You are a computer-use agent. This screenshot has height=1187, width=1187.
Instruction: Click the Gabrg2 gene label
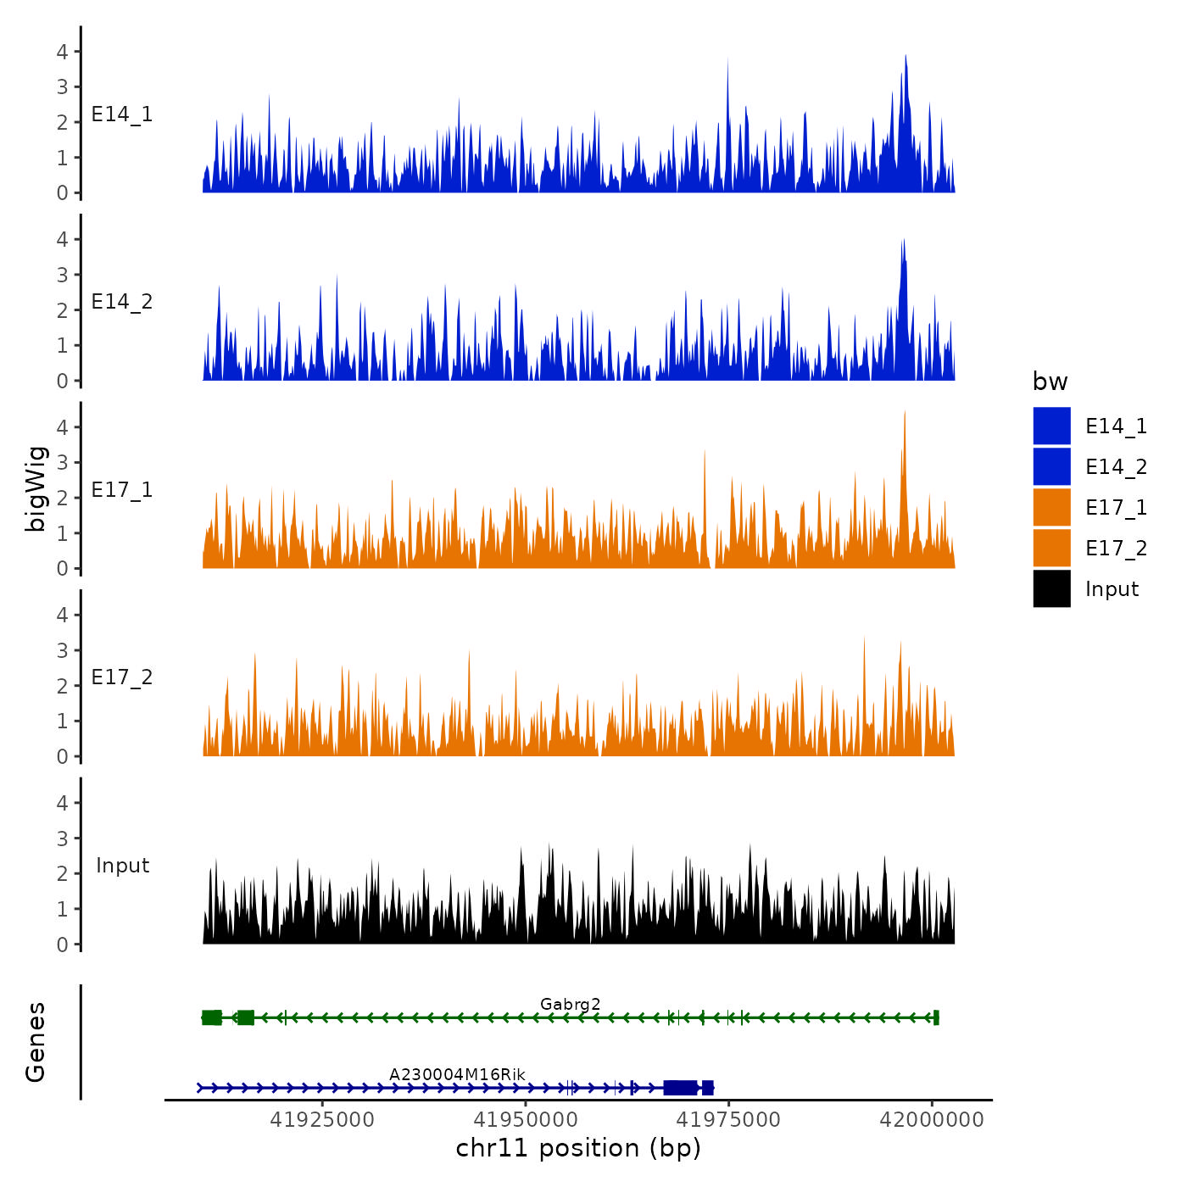click(x=570, y=1004)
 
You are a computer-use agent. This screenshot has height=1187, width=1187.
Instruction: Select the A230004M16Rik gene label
click(x=457, y=1074)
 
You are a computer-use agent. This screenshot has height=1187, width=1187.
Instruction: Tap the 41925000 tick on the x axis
click(x=322, y=1120)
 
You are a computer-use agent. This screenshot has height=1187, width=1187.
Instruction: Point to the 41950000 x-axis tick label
click(x=526, y=1120)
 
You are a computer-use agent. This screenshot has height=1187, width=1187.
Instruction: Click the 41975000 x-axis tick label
click(x=728, y=1120)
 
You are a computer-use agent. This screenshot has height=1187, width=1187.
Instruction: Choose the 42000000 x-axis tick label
click(x=932, y=1120)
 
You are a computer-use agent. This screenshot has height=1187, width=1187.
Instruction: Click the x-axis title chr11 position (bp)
click(x=578, y=1148)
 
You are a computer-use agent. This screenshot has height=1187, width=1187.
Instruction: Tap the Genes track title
click(x=36, y=1042)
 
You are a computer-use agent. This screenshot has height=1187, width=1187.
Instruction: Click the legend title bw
click(x=1050, y=382)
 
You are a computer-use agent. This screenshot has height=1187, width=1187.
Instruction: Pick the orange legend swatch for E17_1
click(x=1051, y=507)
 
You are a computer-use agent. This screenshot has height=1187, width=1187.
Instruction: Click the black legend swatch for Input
click(x=1051, y=588)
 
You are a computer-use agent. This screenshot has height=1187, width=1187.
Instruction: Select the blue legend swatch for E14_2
click(x=1051, y=466)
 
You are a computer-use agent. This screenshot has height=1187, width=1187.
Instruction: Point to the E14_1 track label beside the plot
click(x=122, y=114)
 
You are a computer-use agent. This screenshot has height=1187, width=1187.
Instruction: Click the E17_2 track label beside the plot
click(x=122, y=677)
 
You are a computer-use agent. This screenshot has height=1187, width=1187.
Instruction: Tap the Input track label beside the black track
click(x=122, y=866)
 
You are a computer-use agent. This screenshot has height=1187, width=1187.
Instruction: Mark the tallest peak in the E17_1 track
click(x=905, y=413)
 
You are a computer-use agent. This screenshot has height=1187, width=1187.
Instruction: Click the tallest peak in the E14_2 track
click(x=904, y=242)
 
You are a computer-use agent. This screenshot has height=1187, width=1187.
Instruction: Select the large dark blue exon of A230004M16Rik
click(x=680, y=1088)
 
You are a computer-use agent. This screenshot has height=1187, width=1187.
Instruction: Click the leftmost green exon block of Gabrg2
click(x=211, y=1017)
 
